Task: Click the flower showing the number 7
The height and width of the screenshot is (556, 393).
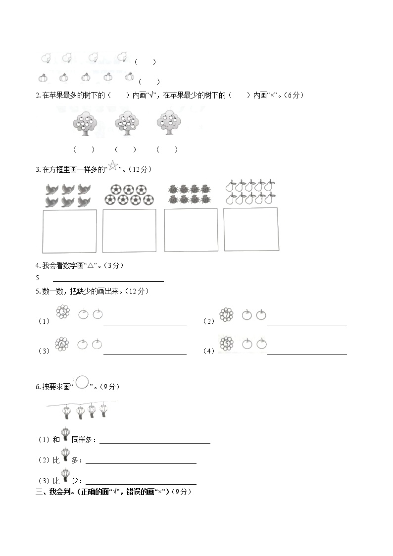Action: [x=227, y=314]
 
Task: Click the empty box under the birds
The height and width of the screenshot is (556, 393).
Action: [x=69, y=231]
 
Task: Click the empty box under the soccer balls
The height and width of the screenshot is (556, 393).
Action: [x=129, y=230]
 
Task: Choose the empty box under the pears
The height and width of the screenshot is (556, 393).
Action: [x=250, y=229]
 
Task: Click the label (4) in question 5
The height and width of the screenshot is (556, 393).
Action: [x=208, y=351]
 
